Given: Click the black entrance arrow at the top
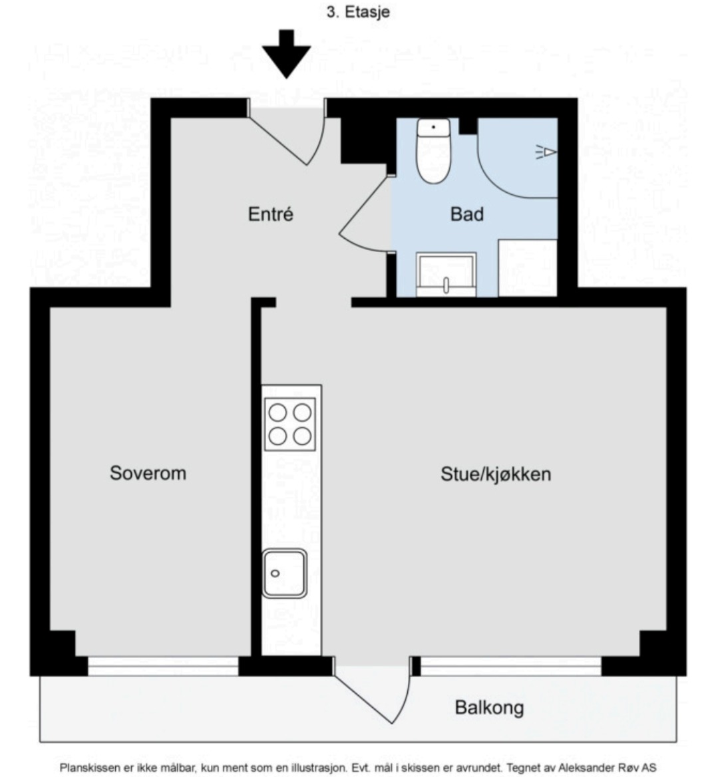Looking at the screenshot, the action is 287,53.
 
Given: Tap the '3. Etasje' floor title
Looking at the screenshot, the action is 358,12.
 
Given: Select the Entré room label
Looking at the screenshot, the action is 270,214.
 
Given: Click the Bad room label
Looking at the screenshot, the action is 467,214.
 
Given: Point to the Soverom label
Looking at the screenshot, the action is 148,473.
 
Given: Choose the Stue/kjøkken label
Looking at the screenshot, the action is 496,474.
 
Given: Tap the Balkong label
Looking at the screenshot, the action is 489,708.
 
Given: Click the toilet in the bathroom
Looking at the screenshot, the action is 433,150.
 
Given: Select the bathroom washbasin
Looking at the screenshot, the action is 446,275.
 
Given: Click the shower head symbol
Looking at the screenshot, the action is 546,152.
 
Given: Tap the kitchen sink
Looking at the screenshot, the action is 284,573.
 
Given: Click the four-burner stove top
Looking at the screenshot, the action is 290,424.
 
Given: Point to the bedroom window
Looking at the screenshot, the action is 163,666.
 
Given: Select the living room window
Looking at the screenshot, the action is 511,666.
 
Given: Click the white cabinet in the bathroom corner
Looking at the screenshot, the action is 528,268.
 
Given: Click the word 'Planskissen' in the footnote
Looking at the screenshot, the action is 90,768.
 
